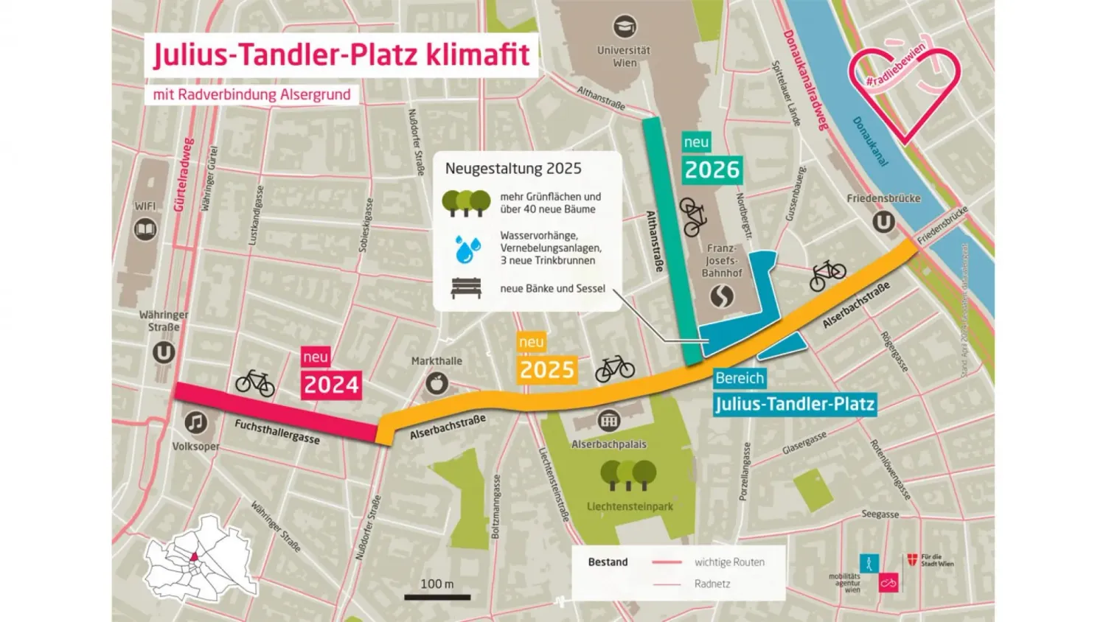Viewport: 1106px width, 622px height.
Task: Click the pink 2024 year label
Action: (x=331, y=385)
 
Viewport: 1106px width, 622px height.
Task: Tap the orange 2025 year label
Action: (x=546, y=369)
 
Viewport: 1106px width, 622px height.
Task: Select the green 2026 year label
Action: (x=712, y=170)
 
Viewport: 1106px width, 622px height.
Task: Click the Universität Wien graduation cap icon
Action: (x=625, y=27)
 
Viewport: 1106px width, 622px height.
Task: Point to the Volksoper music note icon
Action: (x=195, y=422)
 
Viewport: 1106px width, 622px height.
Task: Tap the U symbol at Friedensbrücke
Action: (x=883, y=222)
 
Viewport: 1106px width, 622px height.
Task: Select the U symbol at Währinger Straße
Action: (x=164, y=352)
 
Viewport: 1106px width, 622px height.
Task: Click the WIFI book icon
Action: (x=145, y=230)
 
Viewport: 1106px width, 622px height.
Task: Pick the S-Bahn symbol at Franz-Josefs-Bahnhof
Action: (x=722, y=296)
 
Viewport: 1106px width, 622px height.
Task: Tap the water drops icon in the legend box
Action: (x=467, y=249)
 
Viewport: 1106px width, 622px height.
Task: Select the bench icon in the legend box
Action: (x=466, y=288)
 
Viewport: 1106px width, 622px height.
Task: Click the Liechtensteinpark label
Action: (x=630, y=506)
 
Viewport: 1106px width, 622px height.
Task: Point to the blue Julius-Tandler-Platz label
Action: (x=795, y=404)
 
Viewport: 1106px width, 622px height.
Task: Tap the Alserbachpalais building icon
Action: (x=608, y=421)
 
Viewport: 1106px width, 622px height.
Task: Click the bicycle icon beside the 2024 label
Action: (x=255, y=383)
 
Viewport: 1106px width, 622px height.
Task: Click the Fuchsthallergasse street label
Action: (x=277, y=432)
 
